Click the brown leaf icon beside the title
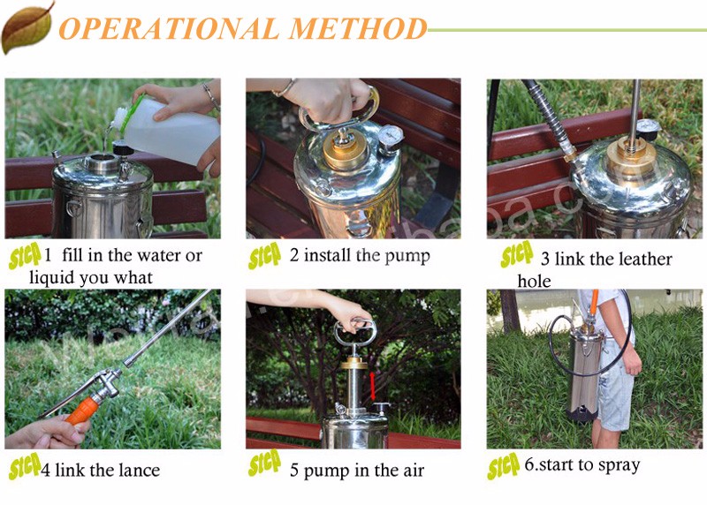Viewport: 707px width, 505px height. click(27, 28)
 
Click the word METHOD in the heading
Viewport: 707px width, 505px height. click(357, 28)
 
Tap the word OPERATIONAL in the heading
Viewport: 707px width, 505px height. click(169, 28)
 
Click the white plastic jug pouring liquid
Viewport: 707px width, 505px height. click(167, 128)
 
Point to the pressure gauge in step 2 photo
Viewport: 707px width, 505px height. click(391, 136)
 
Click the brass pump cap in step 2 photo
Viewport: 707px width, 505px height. click(346, 148)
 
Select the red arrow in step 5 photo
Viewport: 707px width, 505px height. click(373, 386)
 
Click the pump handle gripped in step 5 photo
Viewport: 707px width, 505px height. click(355, 331)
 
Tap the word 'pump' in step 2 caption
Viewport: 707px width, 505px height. click(407, 256)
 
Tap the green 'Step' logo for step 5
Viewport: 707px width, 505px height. click(264, 463)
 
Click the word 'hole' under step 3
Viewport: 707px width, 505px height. click(534, 281)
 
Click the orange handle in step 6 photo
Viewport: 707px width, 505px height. click(594, 301)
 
